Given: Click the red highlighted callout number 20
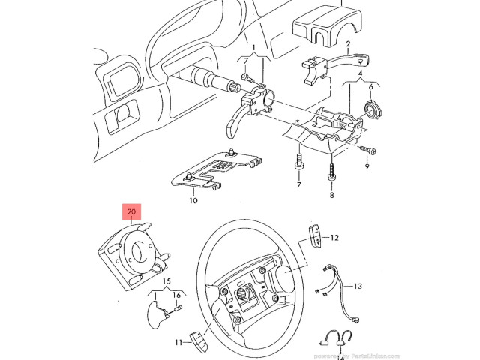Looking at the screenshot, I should (131, 212).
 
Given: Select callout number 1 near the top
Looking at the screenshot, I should (253, 48).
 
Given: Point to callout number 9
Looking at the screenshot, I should (367, 167).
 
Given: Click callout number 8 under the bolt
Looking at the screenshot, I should (331, 194).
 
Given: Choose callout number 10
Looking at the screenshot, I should (193, 201).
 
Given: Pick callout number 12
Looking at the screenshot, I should (334, 237).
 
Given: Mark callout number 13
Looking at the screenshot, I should (357, 286).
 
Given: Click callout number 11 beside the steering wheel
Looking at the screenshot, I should (178, 343).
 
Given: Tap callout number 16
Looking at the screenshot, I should (178, 295).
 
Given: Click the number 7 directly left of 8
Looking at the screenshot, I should (298, 184).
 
